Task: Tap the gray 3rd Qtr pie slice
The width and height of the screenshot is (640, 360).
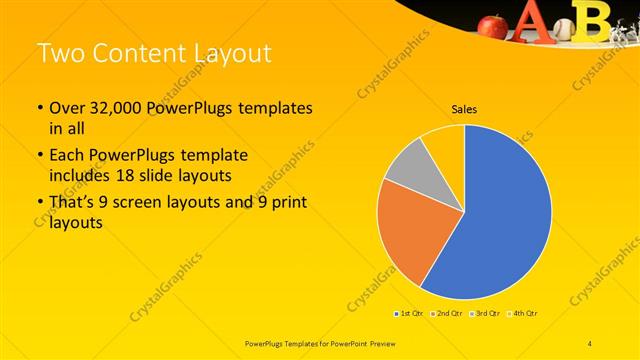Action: click(410, 170)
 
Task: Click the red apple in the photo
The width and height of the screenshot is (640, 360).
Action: click(494, 25)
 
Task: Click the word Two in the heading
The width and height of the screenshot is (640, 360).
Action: click(64, 52)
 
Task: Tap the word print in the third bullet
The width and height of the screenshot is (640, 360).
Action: click(286, 204)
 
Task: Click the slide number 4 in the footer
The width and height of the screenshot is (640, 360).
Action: click(590, 343)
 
